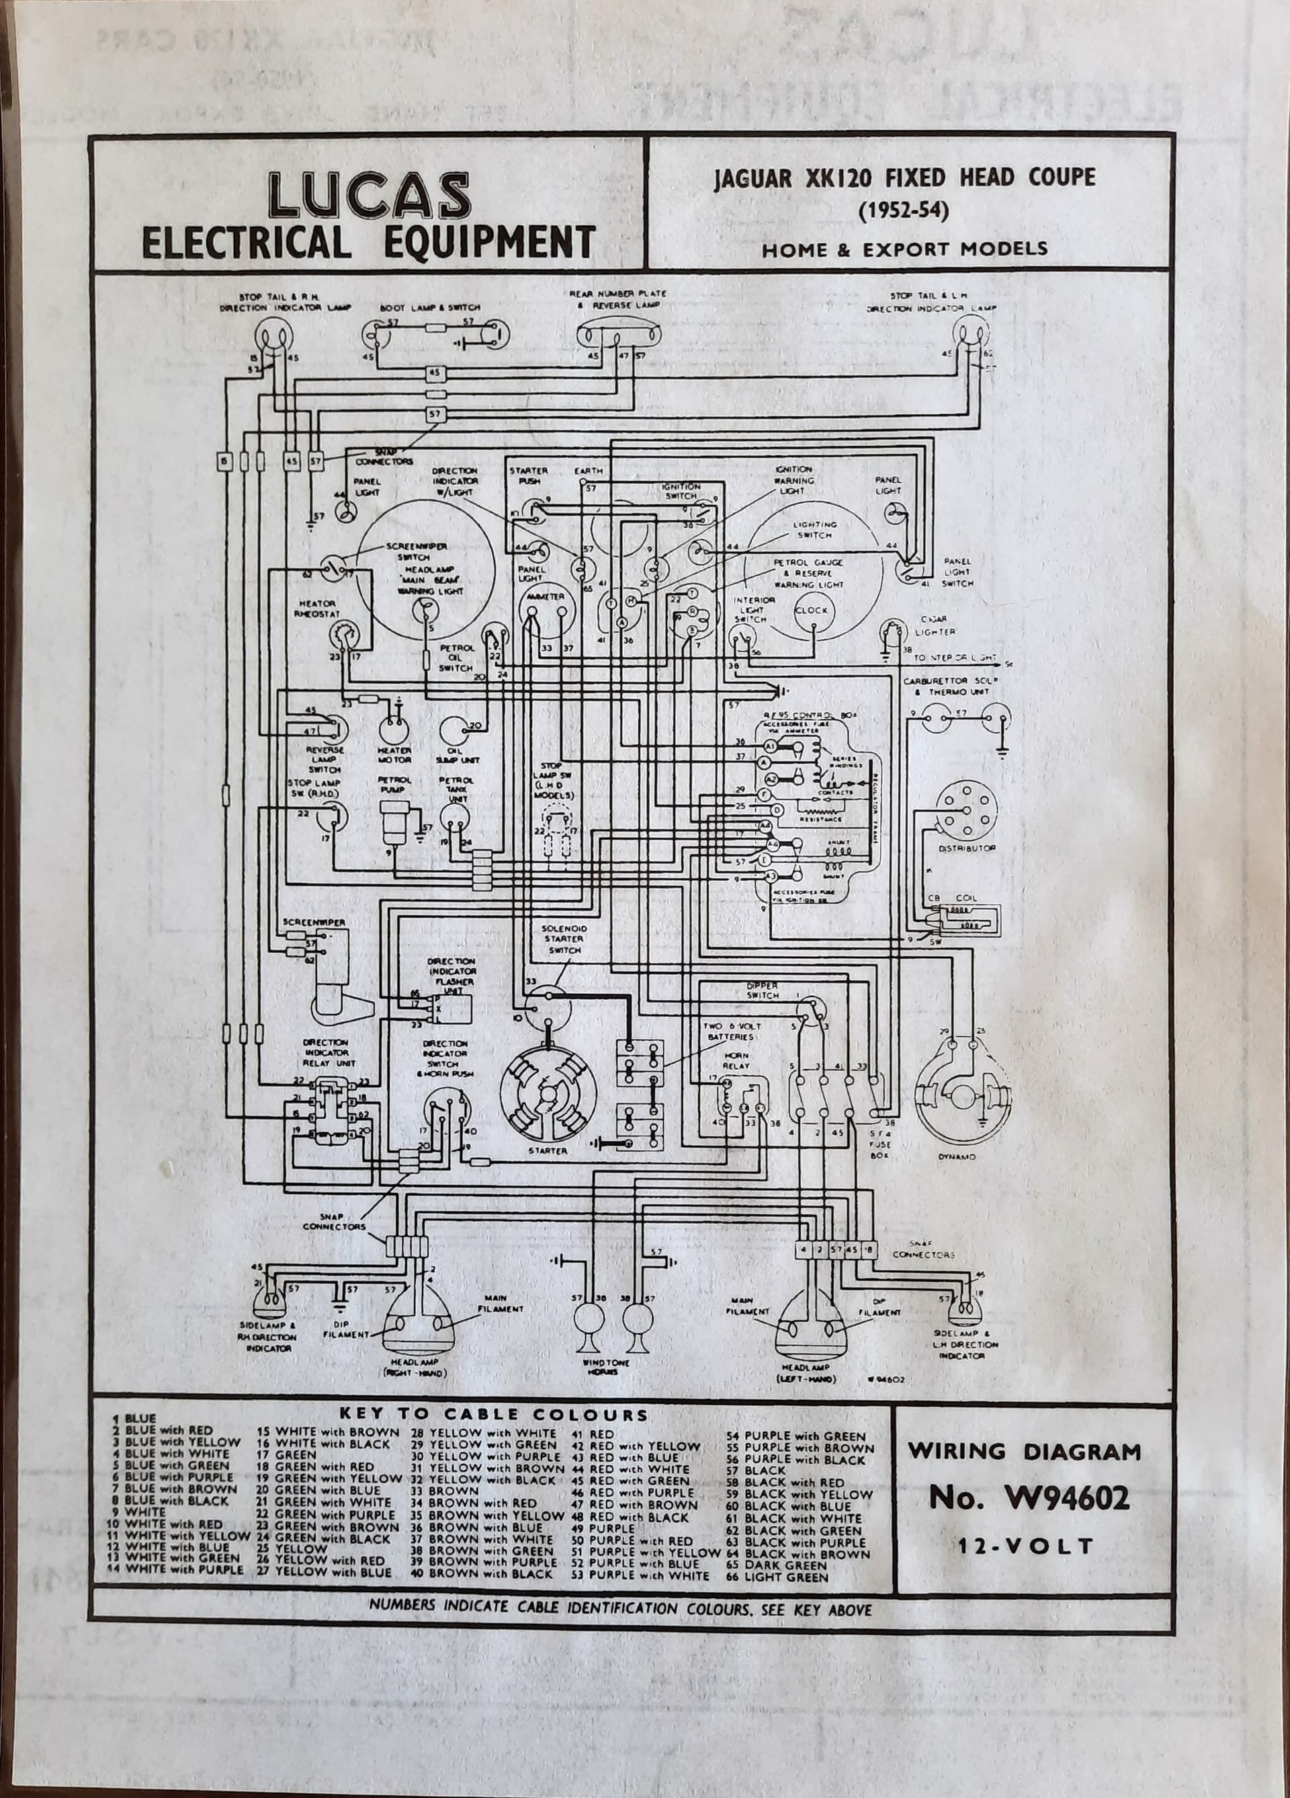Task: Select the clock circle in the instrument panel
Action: coord(812,610)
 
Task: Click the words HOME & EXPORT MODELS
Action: coord(905,249)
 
